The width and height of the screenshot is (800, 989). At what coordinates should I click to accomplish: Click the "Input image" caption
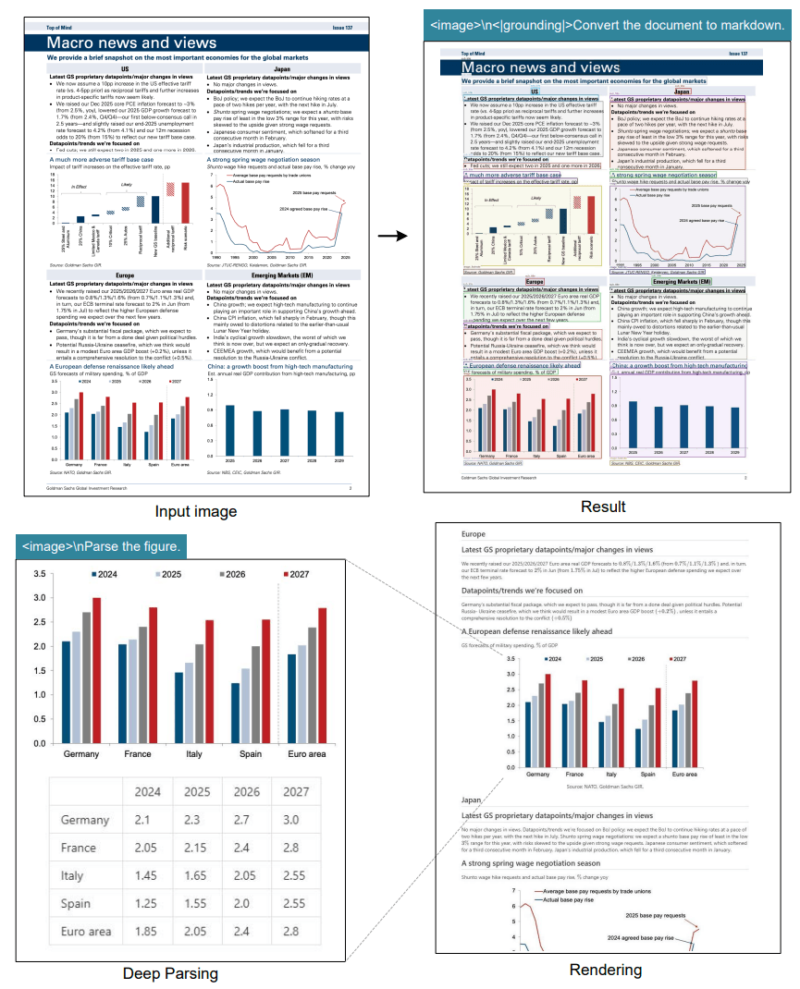pos(196,511)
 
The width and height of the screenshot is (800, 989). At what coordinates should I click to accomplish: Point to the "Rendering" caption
pos(604,969)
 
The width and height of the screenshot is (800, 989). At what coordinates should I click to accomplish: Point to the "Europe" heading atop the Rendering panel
pos(473,534)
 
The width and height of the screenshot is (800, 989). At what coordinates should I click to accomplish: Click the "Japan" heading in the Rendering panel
pos(471,801)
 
